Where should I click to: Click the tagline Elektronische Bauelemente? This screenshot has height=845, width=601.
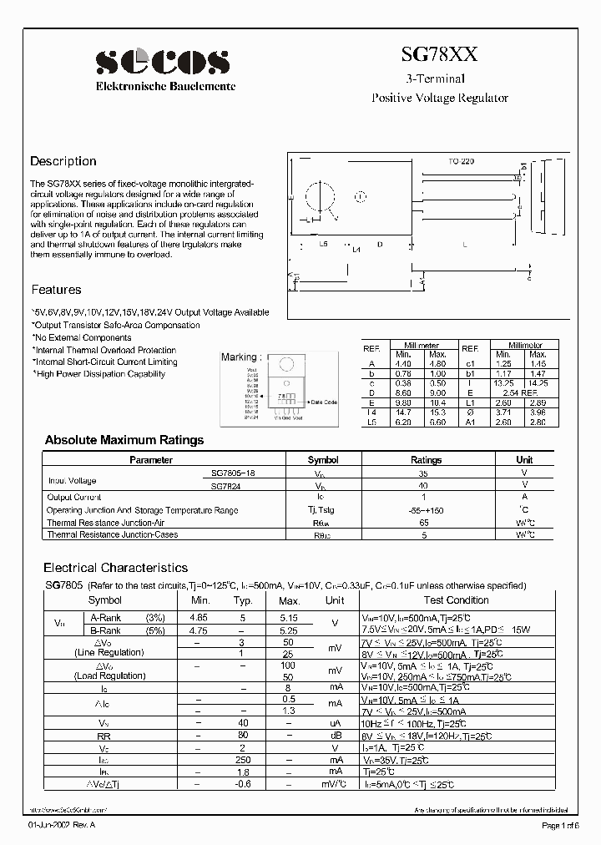coord(166,86)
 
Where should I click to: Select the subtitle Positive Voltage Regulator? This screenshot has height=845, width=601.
coord(439,98)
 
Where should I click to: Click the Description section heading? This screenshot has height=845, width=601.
coord(63,161)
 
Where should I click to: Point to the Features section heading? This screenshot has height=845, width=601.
coord(57,290)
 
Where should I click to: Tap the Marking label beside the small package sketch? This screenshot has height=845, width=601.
coord(239,357)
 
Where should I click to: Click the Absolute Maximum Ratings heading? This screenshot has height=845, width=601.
coord(124,439)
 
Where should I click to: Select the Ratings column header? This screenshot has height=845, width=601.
coord(426,460)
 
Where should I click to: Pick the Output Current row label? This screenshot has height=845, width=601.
coord(74,497)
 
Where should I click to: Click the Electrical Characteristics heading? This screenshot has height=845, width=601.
coord(115,567)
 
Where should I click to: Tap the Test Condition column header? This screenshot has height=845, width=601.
coord(456,600)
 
